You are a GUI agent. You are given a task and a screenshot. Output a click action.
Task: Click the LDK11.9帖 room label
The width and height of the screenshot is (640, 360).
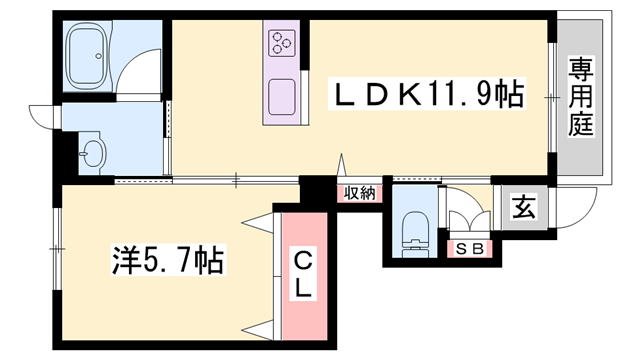click(x=428, y=95)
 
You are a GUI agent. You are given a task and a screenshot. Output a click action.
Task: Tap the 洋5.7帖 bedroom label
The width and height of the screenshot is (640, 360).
click(x=166, y=262)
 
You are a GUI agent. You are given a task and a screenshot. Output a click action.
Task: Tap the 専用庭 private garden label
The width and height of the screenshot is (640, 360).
click(x=580, y=95)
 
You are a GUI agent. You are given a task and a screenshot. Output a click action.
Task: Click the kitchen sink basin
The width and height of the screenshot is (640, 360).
click(x=282, y=96)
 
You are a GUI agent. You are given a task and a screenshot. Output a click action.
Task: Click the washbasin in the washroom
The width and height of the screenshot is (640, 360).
click(x=93, y=154)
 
